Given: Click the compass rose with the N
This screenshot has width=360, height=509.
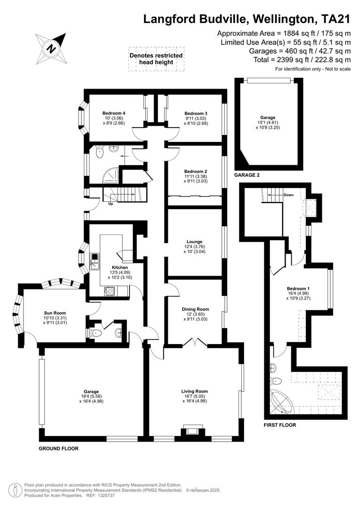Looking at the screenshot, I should coord(50,48).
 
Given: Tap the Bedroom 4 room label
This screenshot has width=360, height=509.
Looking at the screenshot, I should coord(114,113).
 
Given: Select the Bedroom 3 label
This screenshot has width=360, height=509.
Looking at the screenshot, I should coord(196,113).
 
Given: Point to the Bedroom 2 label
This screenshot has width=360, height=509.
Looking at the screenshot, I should coord(196,172).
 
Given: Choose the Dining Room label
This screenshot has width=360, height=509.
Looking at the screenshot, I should coord(196,309).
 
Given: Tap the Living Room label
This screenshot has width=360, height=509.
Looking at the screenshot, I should coord(195,391).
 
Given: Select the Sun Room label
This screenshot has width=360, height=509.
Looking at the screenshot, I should coord(55,313).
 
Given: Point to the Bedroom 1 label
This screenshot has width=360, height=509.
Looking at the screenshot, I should coord(298,288).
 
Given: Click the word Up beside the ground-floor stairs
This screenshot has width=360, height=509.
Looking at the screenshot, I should coord(111,204).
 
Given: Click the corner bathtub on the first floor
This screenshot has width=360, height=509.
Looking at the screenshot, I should coord(284,403).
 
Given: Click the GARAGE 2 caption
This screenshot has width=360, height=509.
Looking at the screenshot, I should coord(247,175).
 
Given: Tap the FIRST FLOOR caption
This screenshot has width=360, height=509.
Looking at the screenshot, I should coord(280,425).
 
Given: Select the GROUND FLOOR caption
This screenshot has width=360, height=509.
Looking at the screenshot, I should coord(58,449).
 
